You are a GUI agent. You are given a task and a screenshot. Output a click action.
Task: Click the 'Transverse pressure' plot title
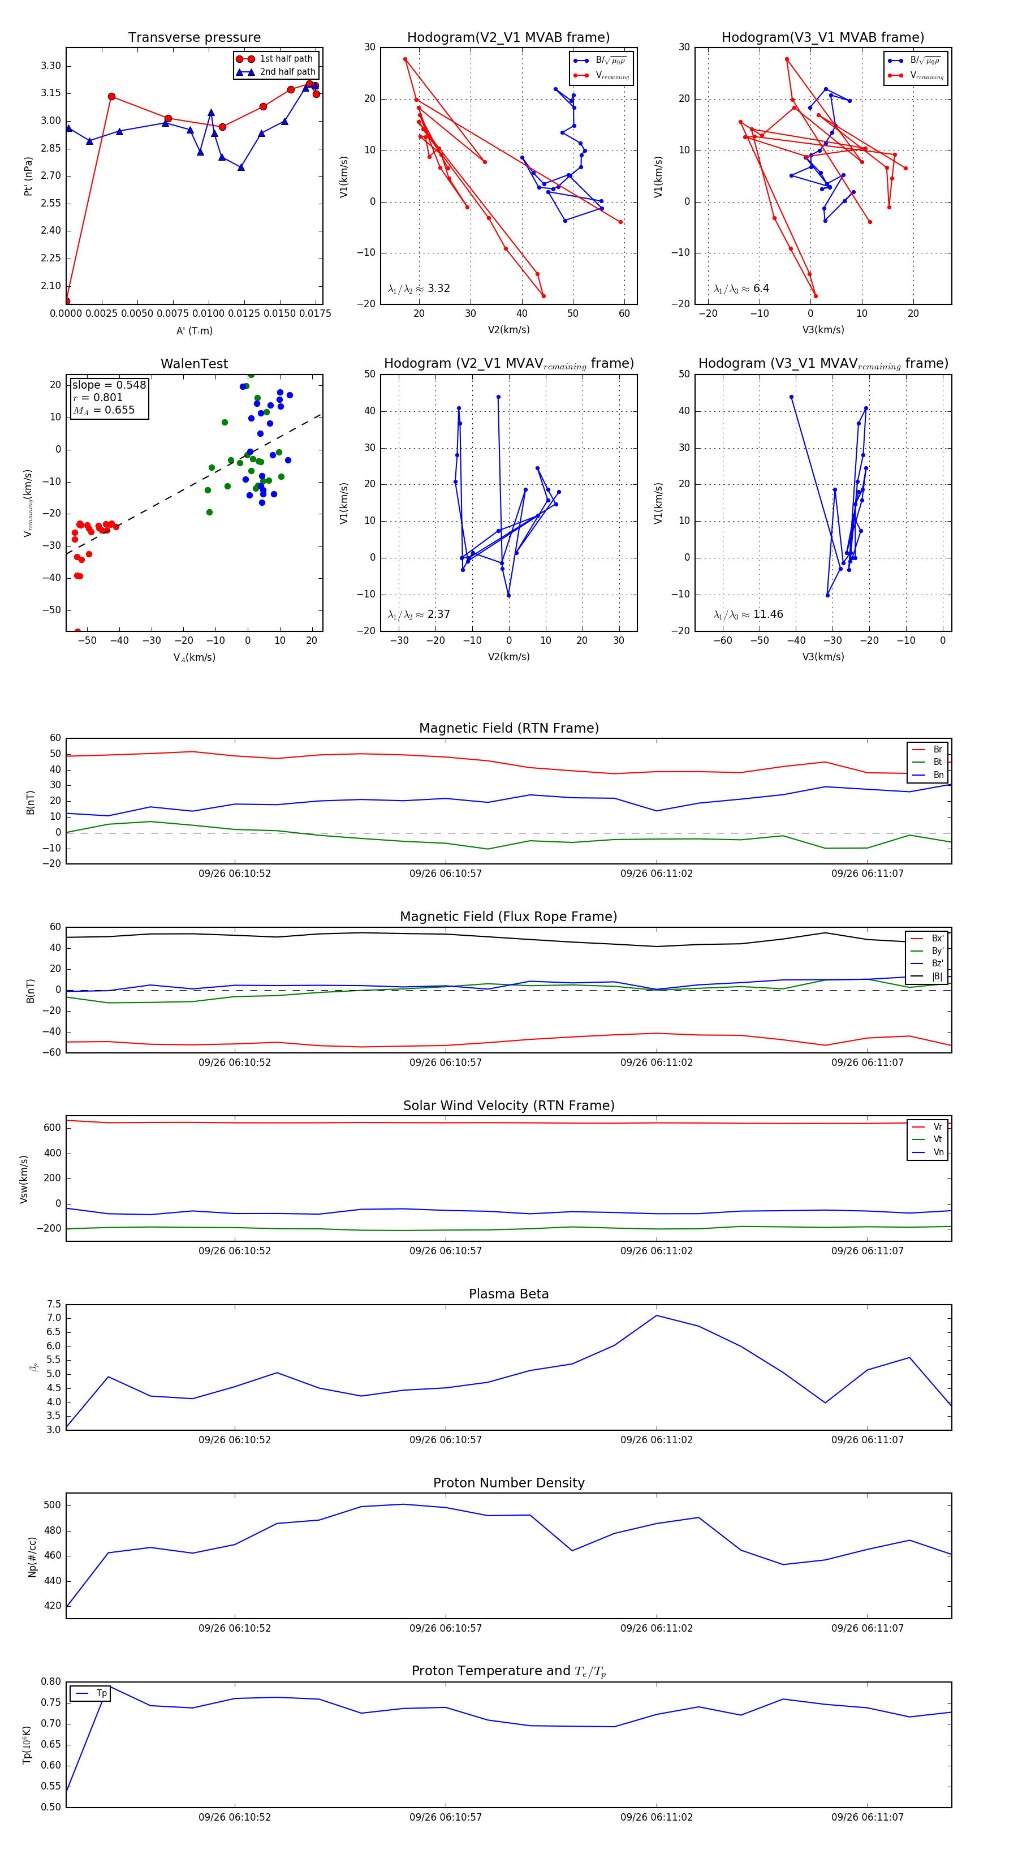[194, 38]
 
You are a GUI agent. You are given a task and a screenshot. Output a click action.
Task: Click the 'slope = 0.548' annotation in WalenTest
[109, 385]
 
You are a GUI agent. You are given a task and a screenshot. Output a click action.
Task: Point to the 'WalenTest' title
[194, 364]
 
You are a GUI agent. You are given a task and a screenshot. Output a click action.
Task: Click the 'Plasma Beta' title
[508, 1294]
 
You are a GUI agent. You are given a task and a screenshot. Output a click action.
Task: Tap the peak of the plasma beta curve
[657, 1315]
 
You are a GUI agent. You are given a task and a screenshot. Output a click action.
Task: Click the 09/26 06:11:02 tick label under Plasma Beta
[657, 1439]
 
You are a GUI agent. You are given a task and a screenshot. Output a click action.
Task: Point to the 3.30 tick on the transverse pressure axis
[51, 66]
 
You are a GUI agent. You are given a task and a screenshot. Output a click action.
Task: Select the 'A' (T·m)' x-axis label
[194, 331]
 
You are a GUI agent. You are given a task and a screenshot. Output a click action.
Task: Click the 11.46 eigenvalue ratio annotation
[767, 614]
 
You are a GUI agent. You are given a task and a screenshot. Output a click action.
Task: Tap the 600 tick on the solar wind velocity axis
[52, 1128]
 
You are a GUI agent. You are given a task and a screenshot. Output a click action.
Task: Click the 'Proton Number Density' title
[508, 1483]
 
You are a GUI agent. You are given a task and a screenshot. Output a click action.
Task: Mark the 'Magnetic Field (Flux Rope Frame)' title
[508, 917]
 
